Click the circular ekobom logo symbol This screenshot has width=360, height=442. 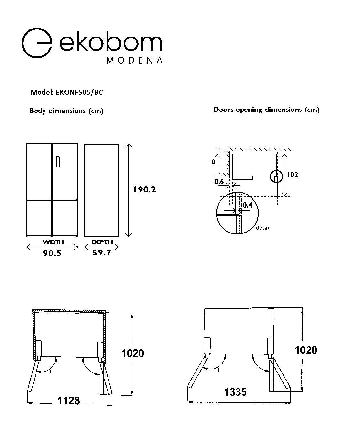[x=22, y=43]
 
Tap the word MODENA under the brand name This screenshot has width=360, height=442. [x=134, y=61]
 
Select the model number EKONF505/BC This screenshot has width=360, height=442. [x=79, y=93]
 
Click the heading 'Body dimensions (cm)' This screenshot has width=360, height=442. [x=66, y=111]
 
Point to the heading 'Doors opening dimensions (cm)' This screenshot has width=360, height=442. [x=266, y=110]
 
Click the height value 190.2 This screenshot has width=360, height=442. [x=145, y=190]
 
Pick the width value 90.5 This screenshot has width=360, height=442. [x=52, y=253]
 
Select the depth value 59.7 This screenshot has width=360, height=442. [x=101, y=252]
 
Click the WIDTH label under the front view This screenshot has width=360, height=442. [x=53, y=242]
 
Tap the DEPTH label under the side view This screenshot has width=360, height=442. [x=102, y=242]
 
